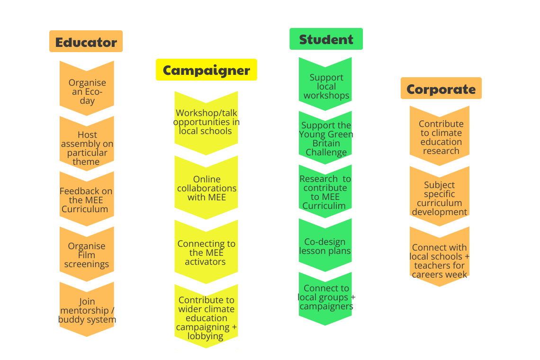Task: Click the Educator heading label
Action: tap(86, 42)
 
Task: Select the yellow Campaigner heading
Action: tap(206, 70)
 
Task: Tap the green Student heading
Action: tap(326, 39)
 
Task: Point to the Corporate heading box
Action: tap(441, 89)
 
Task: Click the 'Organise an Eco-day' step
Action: tap(87, 91)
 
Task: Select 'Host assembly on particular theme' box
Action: tap(87, 148)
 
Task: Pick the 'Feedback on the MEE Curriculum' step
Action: tap(86, 200)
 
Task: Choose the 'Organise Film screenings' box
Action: tap(87, 255)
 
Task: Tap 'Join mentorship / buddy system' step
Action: tap(87, 310)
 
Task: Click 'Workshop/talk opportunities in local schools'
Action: tap(206, 122)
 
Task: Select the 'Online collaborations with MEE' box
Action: tap(207, 188)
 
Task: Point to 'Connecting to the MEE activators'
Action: tap(206, 252)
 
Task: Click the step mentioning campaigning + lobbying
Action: tap(206, 318)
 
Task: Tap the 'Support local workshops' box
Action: tap(326, 86)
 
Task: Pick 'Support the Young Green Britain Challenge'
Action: tap(326, 139)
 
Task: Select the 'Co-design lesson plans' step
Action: tap(325, 246)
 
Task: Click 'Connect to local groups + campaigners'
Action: tap(326, 297)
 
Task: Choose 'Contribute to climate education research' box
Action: tap(441, 137)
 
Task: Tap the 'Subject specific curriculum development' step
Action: tap(440, 198)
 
